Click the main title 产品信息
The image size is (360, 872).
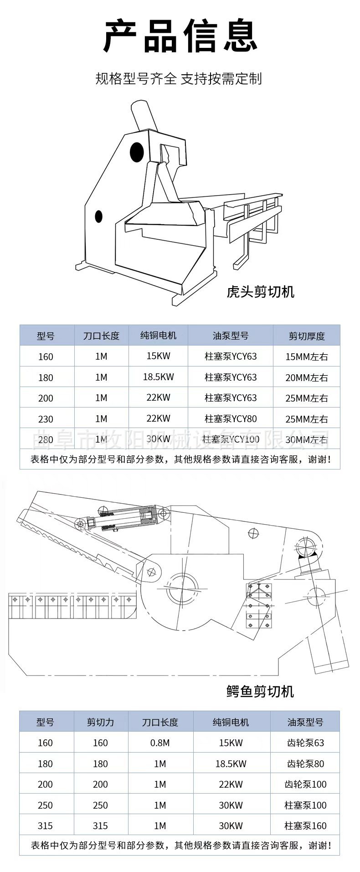click(180, 36)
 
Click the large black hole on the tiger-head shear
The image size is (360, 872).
click(137, 151)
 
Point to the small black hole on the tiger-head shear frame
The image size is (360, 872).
click(98, 216)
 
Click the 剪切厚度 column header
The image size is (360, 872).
click(306, 336)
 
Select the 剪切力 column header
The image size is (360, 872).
click(100, 722)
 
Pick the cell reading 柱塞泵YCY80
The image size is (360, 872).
click(231, 418)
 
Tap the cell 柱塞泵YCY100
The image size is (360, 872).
click(231, 439)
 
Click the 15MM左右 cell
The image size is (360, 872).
click(306, 356)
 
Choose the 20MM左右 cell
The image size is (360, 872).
click(306, 377)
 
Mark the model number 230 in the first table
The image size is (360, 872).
click(46, 419)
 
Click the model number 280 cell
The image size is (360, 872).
click(46, 440)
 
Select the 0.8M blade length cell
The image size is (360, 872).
click(160, 743)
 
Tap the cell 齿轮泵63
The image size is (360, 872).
click(305, 743)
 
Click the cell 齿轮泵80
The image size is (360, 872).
click(305, 764)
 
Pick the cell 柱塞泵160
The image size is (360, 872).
click(305, 826)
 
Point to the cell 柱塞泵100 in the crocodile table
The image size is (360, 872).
click(305, 805)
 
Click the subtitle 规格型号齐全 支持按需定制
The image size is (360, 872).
click(179, 78)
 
